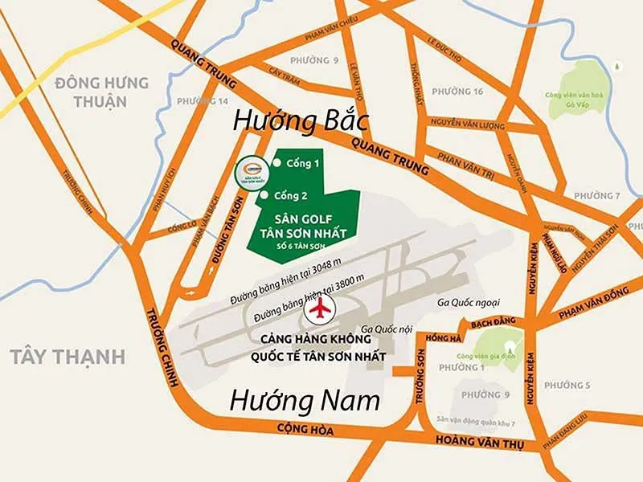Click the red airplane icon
tap(321, 308)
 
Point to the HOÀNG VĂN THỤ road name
tap(480, 439)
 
